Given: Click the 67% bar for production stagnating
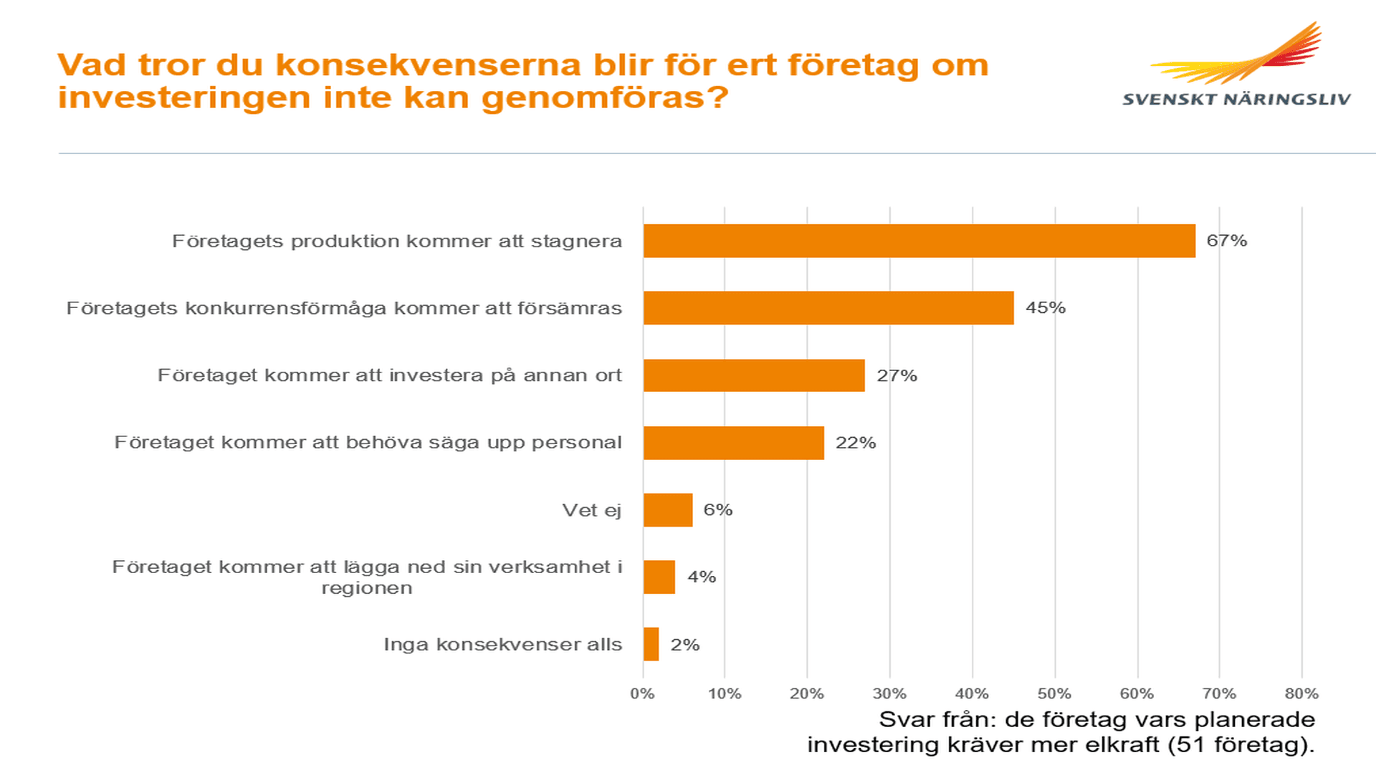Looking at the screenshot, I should pos(919,241).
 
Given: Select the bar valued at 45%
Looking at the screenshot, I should pos(828,308).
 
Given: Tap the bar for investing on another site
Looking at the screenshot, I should pos(754,375).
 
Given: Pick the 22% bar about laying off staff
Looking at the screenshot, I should pos(733,443).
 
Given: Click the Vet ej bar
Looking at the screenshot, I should pos(667,510).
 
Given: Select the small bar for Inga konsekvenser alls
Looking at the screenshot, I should pos(651,644).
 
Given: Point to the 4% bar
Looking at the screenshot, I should pos(659,577).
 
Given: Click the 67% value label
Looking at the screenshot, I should pos(1226,241).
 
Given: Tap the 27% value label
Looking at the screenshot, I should pos(897,375).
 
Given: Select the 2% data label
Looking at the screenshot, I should pos(684,645).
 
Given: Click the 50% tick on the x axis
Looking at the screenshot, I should pos(1054,693).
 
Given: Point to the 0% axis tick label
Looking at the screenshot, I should pos(642,693).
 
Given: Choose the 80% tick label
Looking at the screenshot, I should pos(1301,693).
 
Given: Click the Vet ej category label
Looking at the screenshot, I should pos(591,510).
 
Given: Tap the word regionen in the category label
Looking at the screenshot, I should pos(367,588).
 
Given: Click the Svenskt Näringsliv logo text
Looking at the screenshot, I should pos(1236,100).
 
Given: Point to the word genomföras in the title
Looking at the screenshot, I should pos(604,97).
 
